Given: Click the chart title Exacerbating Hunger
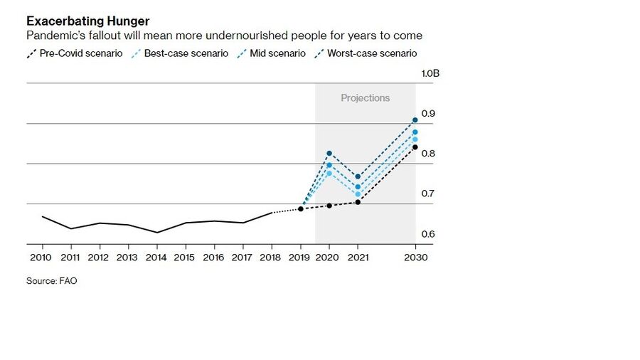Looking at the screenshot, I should coord(87,21).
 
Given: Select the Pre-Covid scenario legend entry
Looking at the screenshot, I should coord(75,53).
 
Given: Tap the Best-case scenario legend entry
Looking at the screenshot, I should coord(180,53).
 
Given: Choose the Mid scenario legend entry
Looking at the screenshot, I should coord(274,53).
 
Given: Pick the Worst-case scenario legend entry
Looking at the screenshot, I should coord(366,53).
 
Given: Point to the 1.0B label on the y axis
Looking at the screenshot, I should coord(430,73).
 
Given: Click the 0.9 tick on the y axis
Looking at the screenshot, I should coord(428,114).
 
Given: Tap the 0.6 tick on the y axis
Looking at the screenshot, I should coord(428,234).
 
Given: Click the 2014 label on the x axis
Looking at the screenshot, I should coord(156,258).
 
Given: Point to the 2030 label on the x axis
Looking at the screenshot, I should coord(415,258).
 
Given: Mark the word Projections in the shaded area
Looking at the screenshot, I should coord(365,98).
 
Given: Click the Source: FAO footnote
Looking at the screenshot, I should coord(51,281).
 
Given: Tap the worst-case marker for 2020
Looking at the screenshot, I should coord(329,153).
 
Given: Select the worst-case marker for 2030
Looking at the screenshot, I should coord(415,120).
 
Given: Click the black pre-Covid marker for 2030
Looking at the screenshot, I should coord(415,147).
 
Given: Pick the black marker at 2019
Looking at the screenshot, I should coord(301,208).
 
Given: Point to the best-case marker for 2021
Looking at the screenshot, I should coord(358,194).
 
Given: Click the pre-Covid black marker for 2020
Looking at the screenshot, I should coord(329,206).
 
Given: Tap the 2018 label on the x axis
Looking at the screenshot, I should coord(270,258).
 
